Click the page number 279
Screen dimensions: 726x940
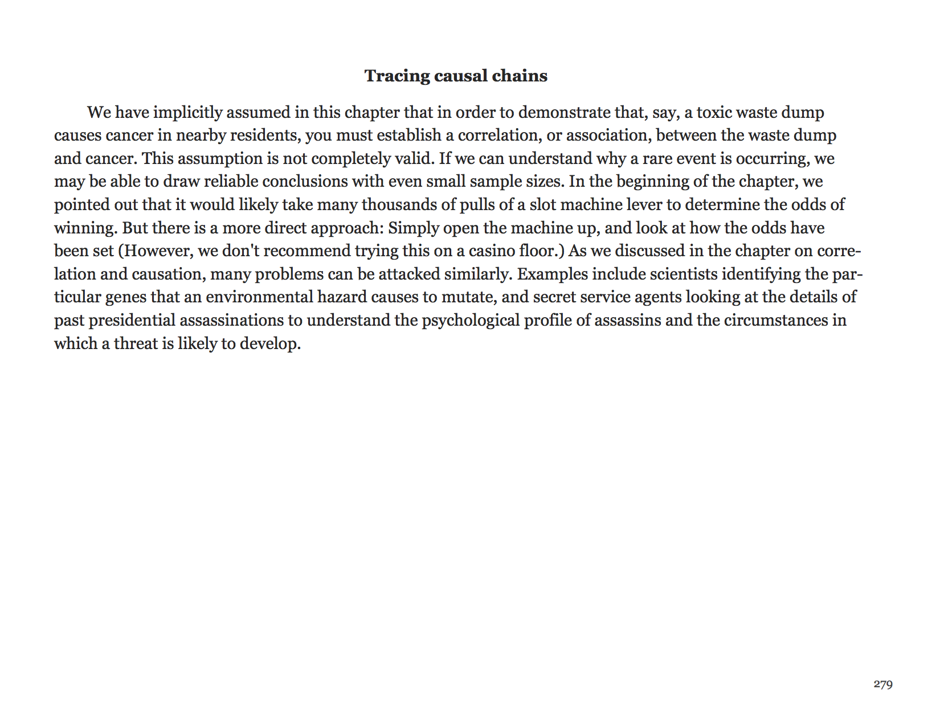point(882,684)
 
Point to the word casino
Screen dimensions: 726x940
point(492,251)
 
